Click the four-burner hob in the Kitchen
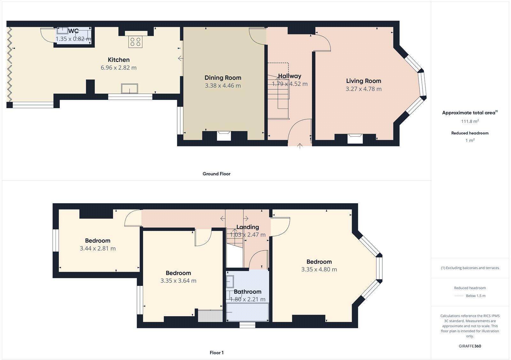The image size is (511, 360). coord(135,42)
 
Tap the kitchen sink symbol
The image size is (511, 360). coord(129,88)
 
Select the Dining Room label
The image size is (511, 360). coord(223,78)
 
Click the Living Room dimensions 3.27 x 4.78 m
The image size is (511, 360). coord(363,89)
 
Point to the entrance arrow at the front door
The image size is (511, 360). coord(300,146)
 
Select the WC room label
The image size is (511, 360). coord(73,31)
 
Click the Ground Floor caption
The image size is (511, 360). coord(216,174)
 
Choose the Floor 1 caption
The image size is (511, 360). coord(217,353)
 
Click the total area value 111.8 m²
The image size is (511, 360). coord(469,121)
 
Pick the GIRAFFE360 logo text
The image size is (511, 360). coord(470,346)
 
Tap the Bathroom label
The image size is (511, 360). coord(248,292)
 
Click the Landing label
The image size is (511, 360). coord(248,227)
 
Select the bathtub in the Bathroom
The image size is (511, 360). coord(248,312)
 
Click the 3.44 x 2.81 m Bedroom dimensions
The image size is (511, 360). coord(97,249)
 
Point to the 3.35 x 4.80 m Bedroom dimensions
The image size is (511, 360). coord(319,269)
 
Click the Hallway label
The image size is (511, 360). coord(289,76)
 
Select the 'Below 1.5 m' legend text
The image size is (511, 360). coord(475,296)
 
